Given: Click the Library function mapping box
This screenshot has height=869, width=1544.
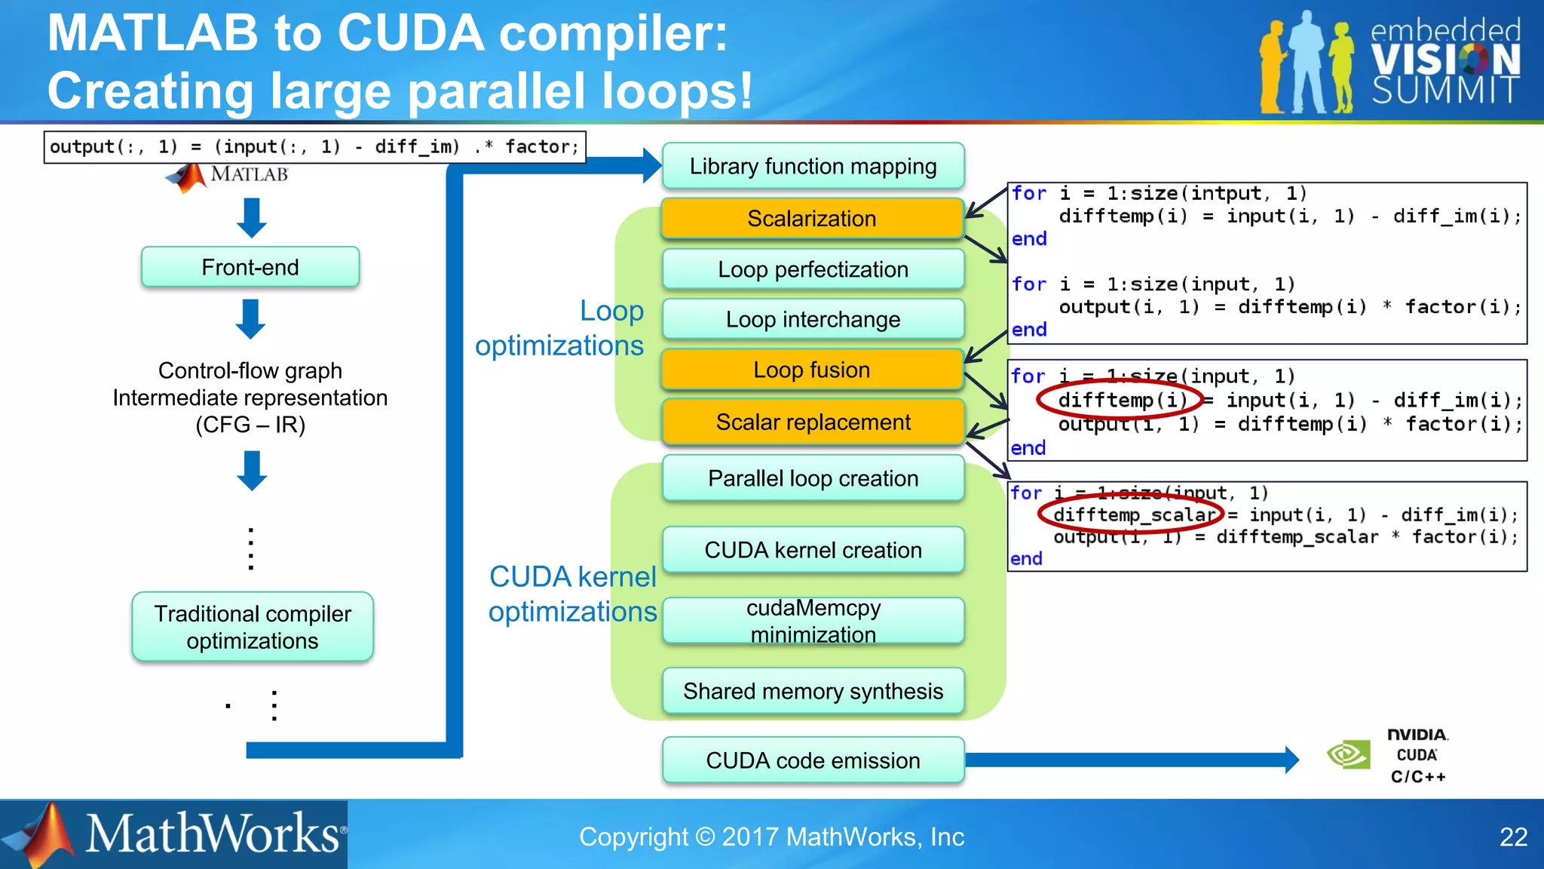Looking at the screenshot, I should click(x=813, y=166).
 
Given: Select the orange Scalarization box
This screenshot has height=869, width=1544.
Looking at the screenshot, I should click(x=812, y=219).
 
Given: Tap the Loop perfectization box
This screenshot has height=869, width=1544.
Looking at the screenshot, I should click(x=813, y=269).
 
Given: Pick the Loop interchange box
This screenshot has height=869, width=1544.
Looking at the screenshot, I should click(x=813, y=319).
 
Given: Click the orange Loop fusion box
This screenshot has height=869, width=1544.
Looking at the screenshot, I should click(x=812, y=370).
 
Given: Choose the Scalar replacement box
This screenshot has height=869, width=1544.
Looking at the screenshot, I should click(x=813, y=422).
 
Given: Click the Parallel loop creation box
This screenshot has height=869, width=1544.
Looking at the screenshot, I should click(x=813, y=478).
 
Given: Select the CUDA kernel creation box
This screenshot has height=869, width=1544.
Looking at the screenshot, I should click(x=813, y=550).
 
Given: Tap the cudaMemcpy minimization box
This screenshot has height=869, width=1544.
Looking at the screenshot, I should click(x=813, y=621).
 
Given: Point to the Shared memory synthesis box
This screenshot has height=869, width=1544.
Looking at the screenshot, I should click(x=813, y=691).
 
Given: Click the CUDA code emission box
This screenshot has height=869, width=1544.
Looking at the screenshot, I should click(x=813, y=760).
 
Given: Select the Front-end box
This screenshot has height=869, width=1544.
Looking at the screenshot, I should click(x=250, y=267).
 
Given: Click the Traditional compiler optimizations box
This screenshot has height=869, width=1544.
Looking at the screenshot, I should click(x=253, y=627).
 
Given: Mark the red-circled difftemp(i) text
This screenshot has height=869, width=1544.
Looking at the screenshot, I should click(x=1121, y=400).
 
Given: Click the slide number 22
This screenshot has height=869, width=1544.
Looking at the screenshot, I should click(x=1513, y=837).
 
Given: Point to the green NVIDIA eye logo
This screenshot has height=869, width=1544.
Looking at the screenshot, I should click(x=1349, y=754).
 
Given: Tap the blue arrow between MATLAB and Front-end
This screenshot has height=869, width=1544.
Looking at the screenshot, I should click(x=251, y=217).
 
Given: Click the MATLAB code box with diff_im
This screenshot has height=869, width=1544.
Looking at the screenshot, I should click(x=314, y=147).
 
